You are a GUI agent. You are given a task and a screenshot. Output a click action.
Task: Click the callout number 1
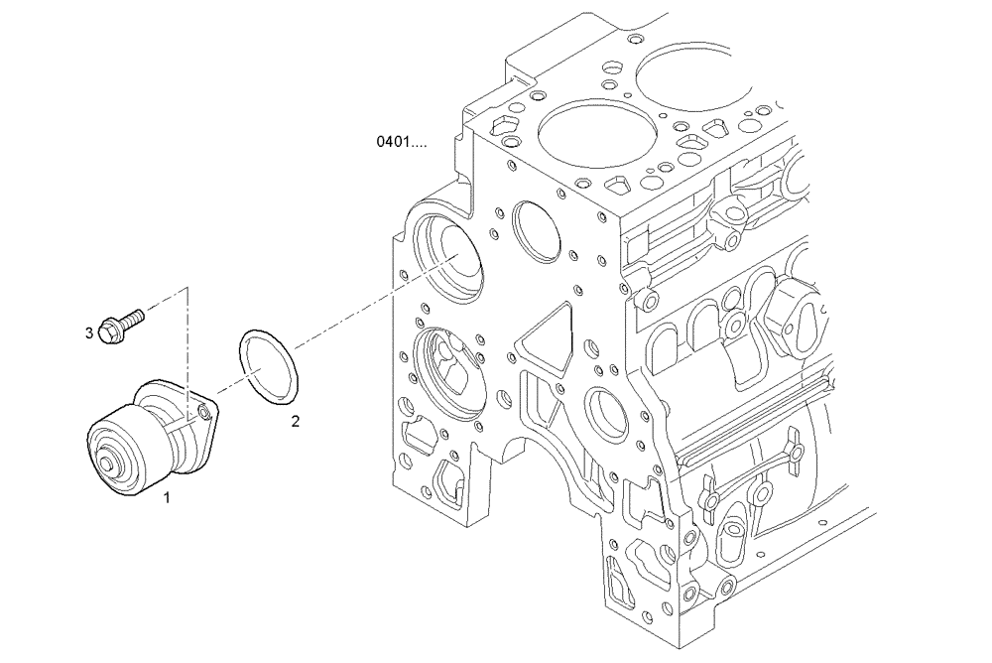coord(167,497)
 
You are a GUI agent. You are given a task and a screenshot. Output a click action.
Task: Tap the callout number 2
coord(295,421)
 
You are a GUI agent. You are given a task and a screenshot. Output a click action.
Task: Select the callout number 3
coord(88,332)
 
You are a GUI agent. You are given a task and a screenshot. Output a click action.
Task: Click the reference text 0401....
coord(401,142)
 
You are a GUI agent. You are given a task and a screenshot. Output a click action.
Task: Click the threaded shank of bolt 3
coord(133,319)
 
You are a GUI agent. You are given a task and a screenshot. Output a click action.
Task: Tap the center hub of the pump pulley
coord(107,464)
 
